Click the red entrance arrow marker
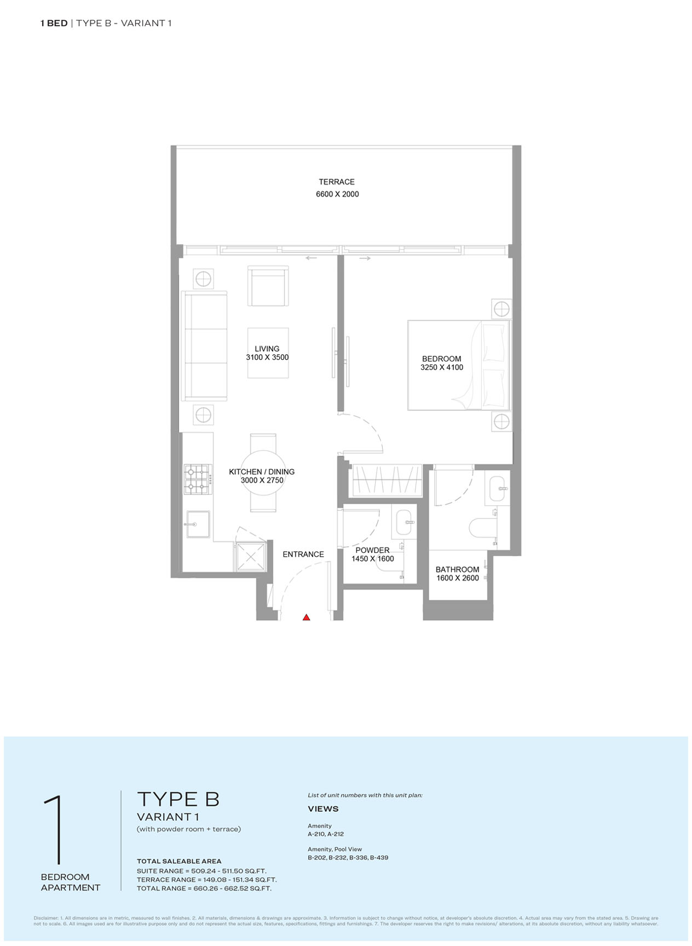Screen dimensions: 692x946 (307, 617)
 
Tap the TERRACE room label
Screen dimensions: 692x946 (337, 182)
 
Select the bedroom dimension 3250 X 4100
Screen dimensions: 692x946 (442, 367)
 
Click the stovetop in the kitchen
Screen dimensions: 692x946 (198, 479)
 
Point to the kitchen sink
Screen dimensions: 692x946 (198, 524)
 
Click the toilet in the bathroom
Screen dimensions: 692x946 (482, 528)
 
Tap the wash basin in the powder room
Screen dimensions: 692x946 (403, 522)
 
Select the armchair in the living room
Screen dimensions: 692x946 (268, 286)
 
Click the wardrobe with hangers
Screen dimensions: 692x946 (386, 480)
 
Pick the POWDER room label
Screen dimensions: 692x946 (372, 550)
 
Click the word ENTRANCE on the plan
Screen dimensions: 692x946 (303, 554)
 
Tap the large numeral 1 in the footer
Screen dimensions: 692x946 (54, 830)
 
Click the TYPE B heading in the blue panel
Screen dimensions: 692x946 (178, 799)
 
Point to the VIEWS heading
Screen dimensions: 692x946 (323, 809)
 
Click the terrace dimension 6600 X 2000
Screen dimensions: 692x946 (337, 194)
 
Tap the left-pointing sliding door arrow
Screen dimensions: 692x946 (311, 258)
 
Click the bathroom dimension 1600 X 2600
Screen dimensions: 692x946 (458, 578)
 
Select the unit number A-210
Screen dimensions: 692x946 (316, 834)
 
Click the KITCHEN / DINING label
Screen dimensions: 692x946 (262, 471)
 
